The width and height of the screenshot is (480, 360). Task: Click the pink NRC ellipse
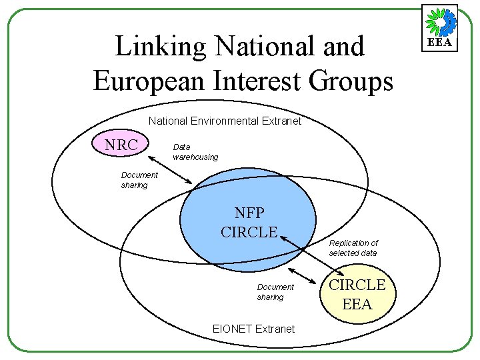point(121,145)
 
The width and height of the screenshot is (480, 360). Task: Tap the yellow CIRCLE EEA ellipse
point(358,295)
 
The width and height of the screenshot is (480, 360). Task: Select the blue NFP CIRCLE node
point(249,223)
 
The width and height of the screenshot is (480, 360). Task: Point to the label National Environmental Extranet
point(225,121)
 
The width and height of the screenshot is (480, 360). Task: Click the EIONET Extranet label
point(253,329)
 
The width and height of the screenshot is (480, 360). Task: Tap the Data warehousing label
point(195,152)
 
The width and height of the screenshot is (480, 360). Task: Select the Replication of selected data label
point(353,248)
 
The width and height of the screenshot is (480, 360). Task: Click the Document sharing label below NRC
point(139,180)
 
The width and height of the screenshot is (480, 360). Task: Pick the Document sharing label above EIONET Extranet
point(275,292)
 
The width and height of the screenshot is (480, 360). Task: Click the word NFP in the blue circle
point(249,213)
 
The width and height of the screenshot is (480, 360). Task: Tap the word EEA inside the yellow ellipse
point(357,305)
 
